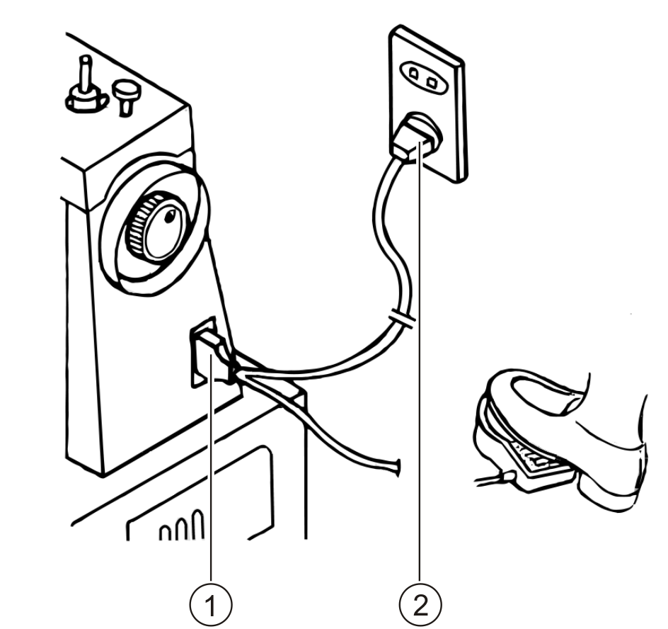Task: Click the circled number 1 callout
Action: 210,606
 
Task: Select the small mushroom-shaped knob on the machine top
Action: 127,95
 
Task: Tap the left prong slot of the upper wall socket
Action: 411,73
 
